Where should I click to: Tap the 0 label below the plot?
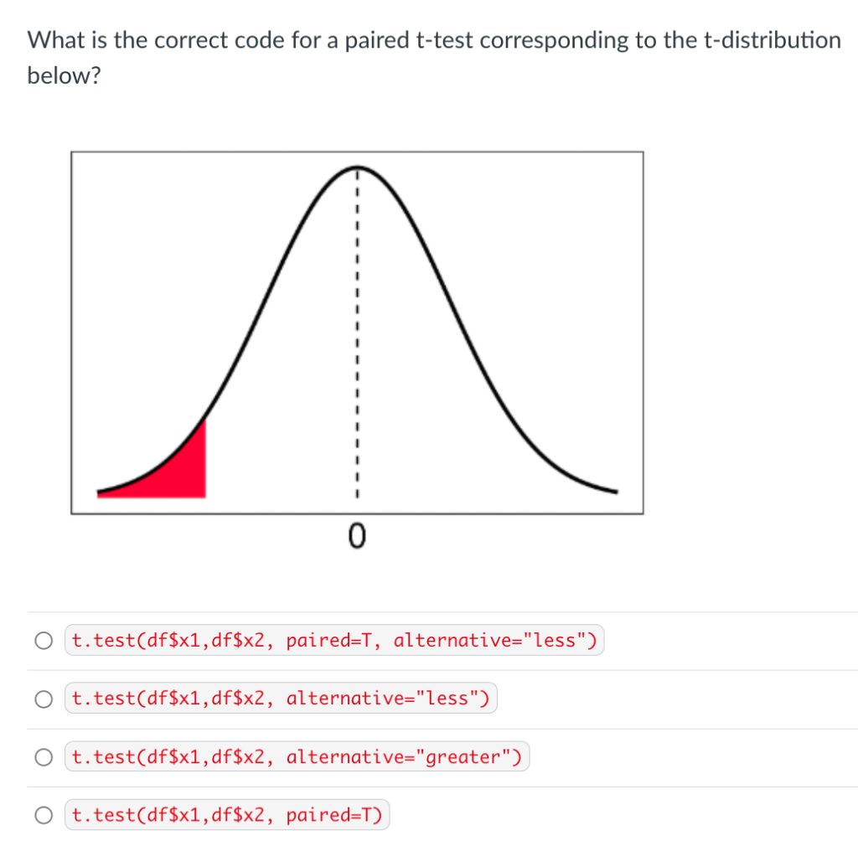[357, 534]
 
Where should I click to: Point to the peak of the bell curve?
[356, 168]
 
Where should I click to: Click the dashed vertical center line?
[357, 335]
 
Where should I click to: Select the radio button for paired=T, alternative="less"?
[44, 642]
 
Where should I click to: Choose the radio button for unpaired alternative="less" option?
[44, 699]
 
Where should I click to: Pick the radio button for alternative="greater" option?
[44, 757]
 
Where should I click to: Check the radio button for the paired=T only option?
[44, 815]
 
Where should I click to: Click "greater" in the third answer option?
[463, 757]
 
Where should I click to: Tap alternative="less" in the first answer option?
[494, 642]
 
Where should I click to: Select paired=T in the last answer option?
[333, 815]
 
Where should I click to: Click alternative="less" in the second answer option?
[387, 699]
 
